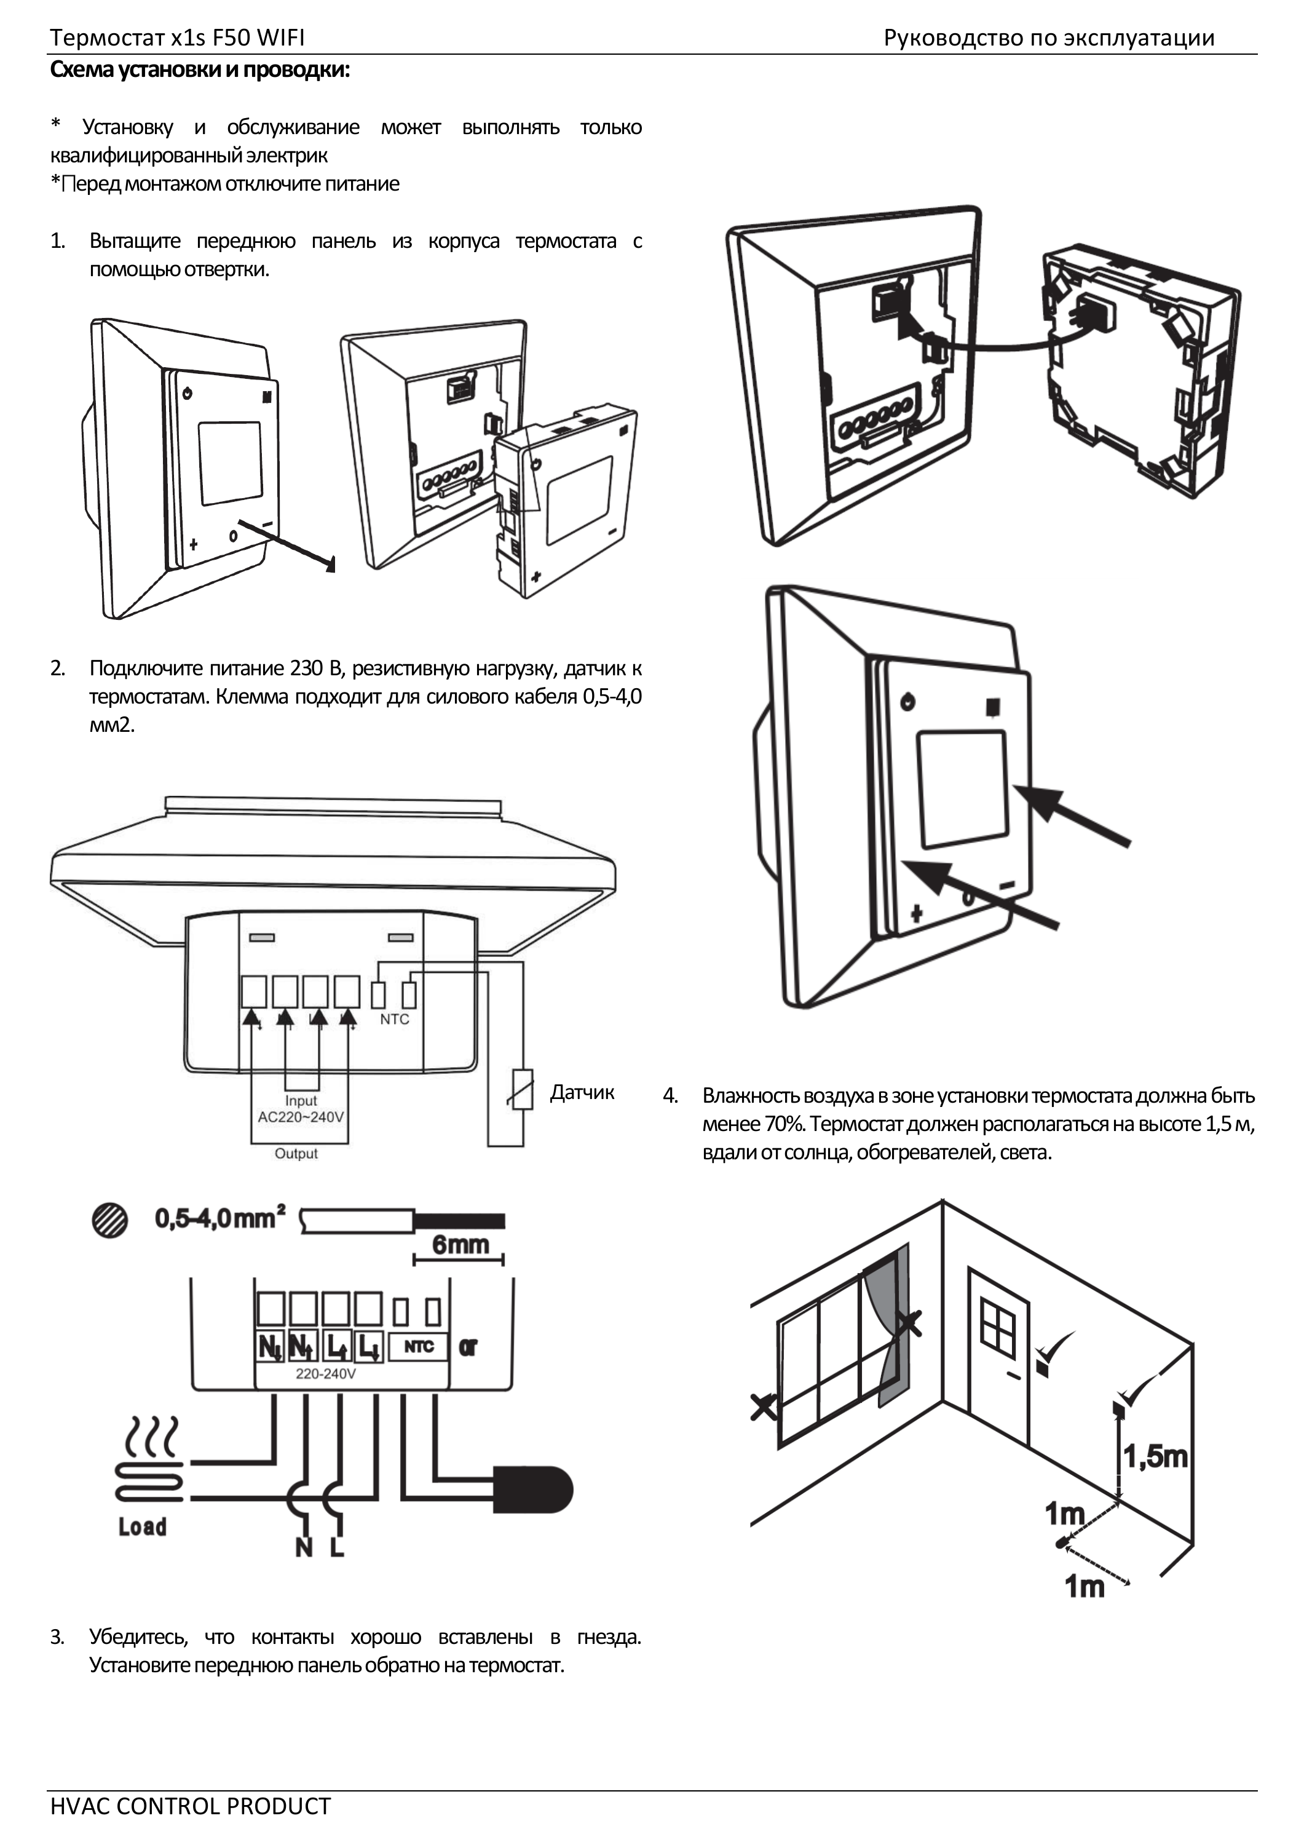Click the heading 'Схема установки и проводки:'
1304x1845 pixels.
200,71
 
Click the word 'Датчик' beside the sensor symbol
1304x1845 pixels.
582,1092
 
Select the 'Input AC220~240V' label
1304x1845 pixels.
301,1109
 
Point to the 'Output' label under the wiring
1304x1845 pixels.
296,1153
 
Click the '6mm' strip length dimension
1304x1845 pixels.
460,1245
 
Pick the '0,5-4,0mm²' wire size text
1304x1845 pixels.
220,1218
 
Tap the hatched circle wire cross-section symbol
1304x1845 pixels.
110,1221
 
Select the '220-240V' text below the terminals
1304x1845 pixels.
325,1374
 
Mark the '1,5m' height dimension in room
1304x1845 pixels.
1155,1457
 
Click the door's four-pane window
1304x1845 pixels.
998,1327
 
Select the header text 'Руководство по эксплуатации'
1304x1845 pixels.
1048,38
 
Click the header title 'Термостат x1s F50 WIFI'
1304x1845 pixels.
177,38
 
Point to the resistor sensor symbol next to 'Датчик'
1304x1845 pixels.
522,1090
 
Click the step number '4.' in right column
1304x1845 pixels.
670,1095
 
